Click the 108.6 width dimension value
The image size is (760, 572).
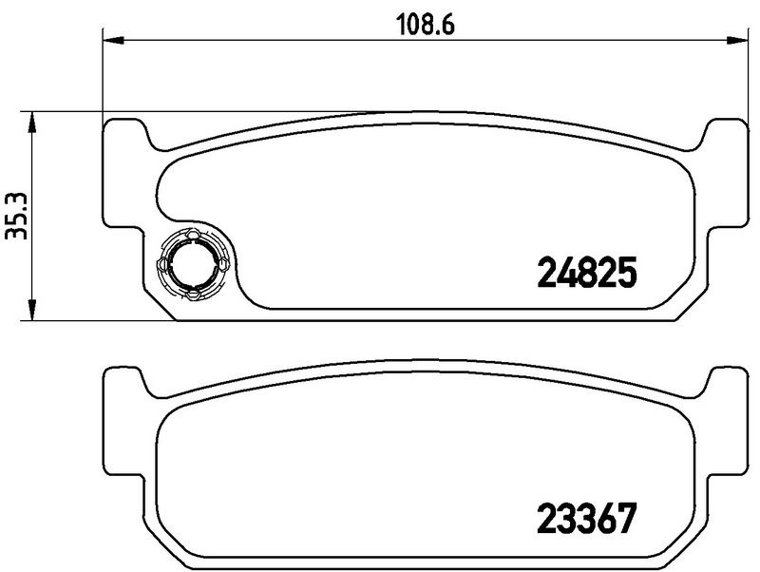[x=426, y=25]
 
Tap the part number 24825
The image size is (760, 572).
[x=586, y=273]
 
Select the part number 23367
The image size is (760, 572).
[x=586, y=518]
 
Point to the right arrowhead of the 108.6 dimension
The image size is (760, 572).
[x=737, y=40]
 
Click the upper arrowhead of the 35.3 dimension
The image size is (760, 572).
[x=31, y=123]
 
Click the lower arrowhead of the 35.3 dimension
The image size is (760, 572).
[x=31, y=309]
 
